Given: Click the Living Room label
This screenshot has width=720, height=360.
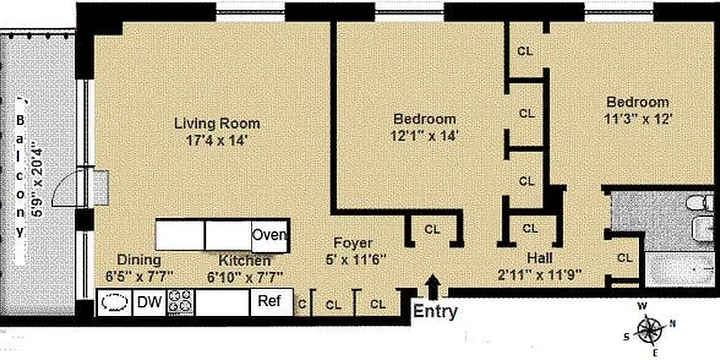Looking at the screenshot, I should tap(217, 123).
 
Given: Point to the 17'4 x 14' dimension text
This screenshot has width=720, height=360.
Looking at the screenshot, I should tap(217, 140).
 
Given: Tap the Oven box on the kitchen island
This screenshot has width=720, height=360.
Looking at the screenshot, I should tap(269, 236).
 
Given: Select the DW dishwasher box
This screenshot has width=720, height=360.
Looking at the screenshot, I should tap(147, 303).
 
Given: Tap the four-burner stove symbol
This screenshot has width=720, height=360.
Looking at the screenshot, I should tap(180, 303).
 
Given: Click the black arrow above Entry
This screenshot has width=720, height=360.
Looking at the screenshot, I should tap(433, 285).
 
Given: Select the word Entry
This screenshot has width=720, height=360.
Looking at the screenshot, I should tap(435, 313).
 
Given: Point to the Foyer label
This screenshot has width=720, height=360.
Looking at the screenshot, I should tap(353, 243).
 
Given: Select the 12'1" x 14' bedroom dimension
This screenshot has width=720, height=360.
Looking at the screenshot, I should tap(424, 136).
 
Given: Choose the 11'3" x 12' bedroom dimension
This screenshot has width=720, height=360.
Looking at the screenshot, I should tap(637, 118).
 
